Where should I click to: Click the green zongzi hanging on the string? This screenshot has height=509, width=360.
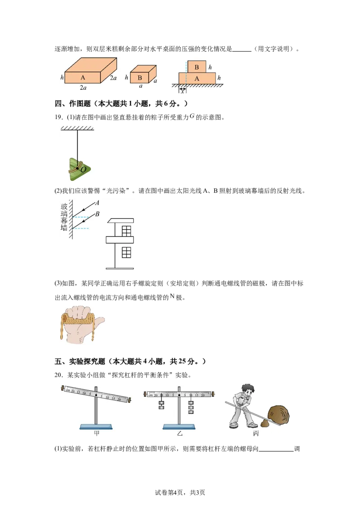[x=79, y=169]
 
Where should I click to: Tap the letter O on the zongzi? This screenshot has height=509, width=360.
[x=83, y=169]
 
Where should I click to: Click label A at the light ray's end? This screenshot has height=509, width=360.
[x=97, y=203]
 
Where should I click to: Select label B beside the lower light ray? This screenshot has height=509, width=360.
[x=97, y=214]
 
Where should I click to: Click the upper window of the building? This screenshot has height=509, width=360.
[x=126, y=231]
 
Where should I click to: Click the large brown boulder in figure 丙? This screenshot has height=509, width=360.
[x=279, y=415]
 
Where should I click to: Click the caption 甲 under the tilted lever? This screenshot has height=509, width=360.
[x=96, y=433]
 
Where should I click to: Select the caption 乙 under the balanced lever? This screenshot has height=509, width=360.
[x=180, y=433]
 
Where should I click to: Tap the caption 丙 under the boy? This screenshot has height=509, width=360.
[x=256, y=433]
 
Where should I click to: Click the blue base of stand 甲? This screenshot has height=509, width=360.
[x=96, y=427]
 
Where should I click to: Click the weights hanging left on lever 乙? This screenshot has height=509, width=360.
[x=161, y=405]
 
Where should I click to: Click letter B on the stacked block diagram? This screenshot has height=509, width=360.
[x=197, y=67]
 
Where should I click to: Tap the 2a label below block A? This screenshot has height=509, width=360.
[x=83, y=87]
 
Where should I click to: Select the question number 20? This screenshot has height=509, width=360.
[x=59, y=375]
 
